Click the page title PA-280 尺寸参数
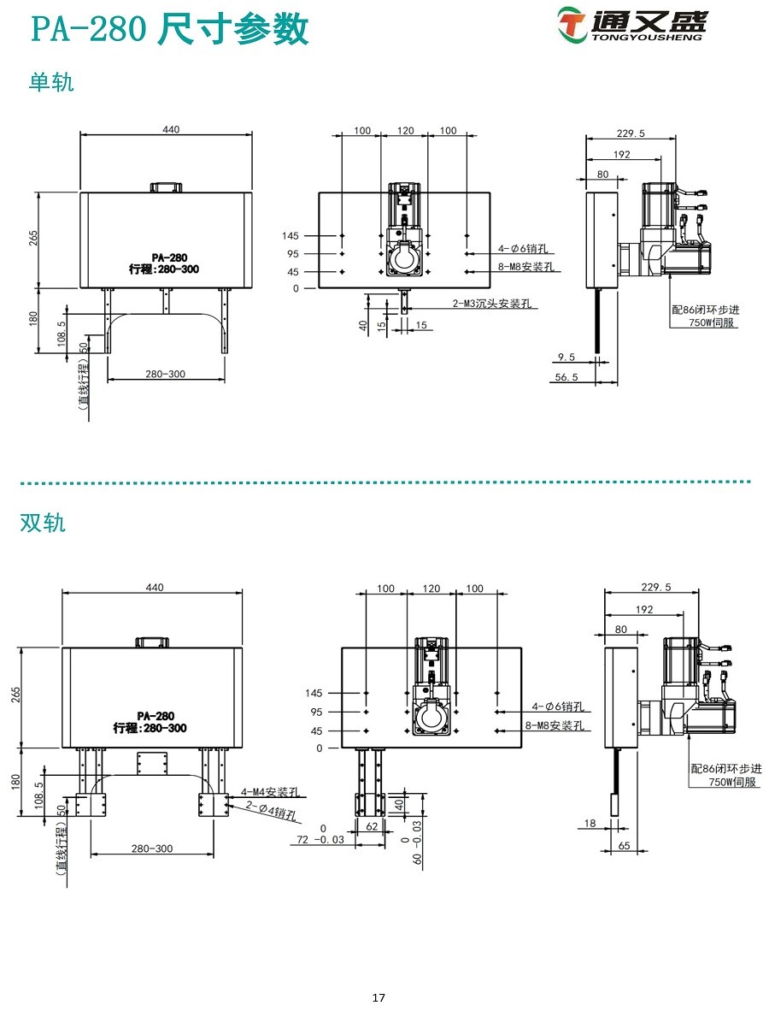(x=169, y=30)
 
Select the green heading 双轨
(x=43, y=523)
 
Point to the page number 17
(x=379, y=997)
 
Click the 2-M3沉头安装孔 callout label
(x=496, y=304)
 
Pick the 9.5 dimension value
(x=565, y=358)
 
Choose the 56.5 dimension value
(x=565, y=376)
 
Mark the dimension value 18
(x=590, y=825)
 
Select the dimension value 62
(x=371, y=827)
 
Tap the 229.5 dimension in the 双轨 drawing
(x=655, y=587)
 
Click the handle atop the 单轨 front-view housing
(x=166, y=186)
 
